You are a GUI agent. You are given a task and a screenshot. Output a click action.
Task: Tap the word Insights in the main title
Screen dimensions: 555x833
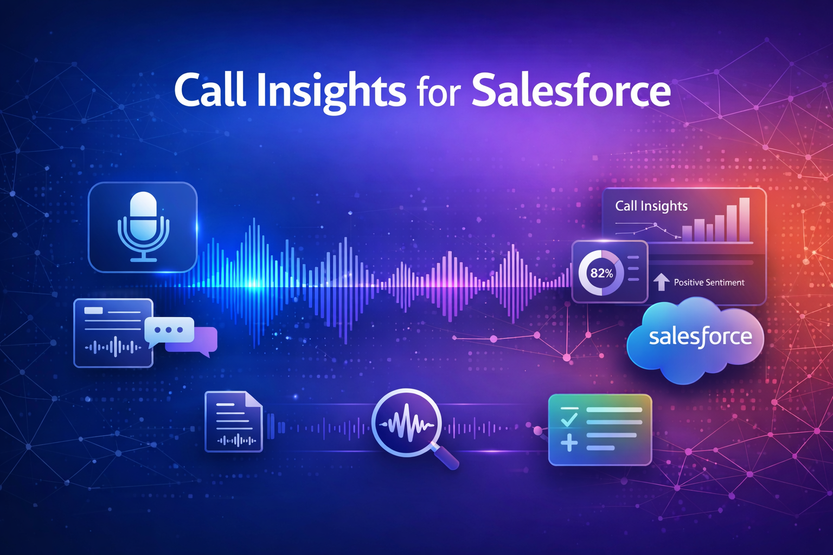[x=331, y=91]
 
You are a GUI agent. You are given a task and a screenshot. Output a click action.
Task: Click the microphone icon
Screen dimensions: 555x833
[x=143, y=225]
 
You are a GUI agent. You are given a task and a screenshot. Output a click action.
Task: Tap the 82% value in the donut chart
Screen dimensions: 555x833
[x=601, y=273]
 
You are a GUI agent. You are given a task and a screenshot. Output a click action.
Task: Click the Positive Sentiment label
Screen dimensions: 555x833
[x=709, y=282]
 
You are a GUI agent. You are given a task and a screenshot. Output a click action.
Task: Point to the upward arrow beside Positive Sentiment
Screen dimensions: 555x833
[x=661, y=282]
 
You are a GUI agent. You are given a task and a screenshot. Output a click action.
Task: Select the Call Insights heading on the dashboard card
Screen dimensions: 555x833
[x=651, y=206]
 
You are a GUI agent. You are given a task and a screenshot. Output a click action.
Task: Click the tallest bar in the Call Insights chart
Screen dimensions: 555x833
[x=744, y=219]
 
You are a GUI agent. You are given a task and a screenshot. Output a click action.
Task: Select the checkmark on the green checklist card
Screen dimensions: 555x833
[x=569, y=419]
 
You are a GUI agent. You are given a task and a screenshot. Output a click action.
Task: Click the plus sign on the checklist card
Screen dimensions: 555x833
[x=569, y=444]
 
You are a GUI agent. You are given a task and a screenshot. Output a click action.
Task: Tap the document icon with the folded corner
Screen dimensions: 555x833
[x=234, y=422]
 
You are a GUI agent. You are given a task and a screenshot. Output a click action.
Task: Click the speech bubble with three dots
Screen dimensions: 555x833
[x=169, y=330]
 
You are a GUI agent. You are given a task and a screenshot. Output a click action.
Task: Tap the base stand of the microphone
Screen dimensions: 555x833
[x=144, y=259]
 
